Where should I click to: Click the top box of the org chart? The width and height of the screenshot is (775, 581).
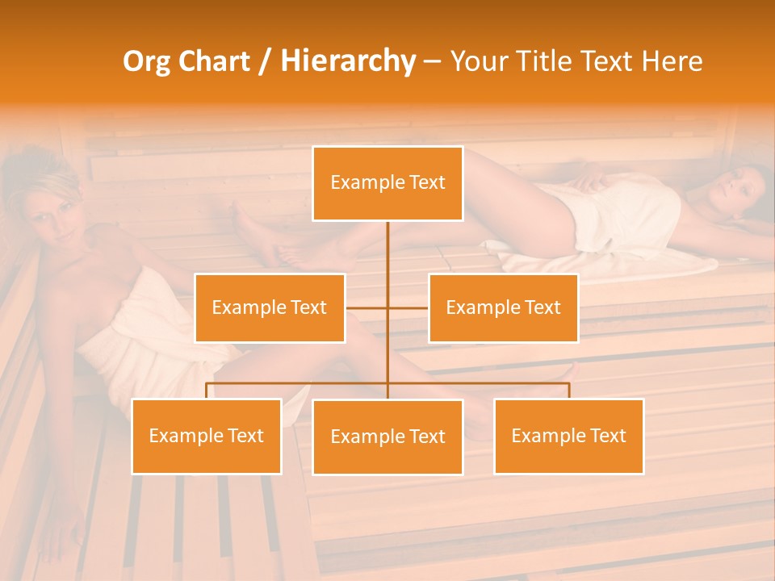(x=387, y=183)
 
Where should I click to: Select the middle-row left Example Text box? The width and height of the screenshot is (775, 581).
(x=270, y=307)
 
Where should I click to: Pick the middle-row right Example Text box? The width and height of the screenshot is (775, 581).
(x=503, y=307)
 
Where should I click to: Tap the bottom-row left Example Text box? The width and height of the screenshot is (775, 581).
(x=207, y=436)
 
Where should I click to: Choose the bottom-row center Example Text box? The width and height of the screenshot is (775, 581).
(x=387, y=437)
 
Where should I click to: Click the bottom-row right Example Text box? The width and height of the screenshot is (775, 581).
(x=568, y=436)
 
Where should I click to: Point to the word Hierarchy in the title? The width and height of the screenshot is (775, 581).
(x=348, y=61)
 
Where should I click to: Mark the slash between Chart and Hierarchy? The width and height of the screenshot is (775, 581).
(x=265, y=61)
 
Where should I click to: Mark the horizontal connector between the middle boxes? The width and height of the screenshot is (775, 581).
(x=387, y=307)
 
